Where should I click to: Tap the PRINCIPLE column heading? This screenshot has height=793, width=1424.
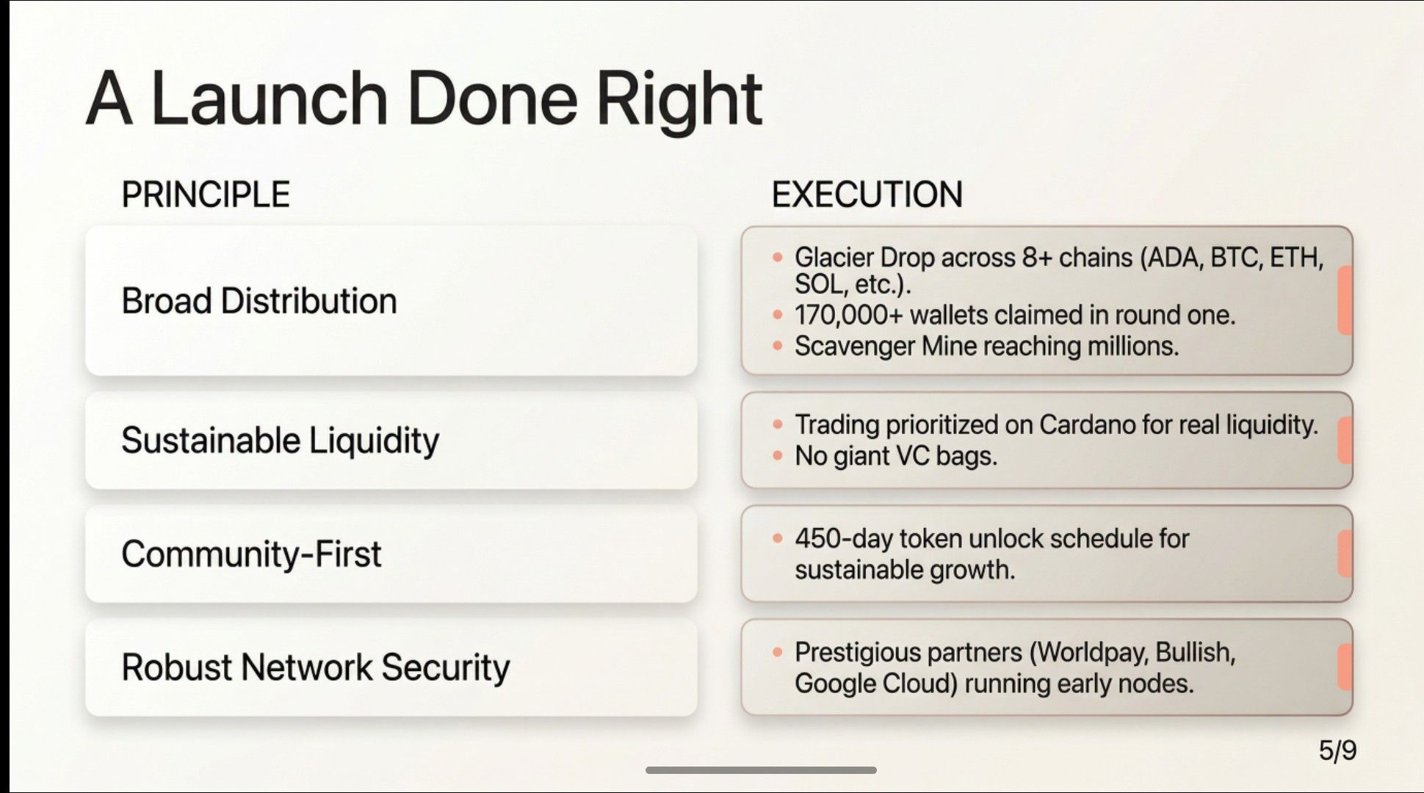(x=206, y=195)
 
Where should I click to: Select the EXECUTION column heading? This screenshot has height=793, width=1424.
(x=867, y=195)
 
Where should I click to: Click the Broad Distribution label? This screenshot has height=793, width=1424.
(x=259, y=301)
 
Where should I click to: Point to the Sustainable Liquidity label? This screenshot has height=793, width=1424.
(x=281, y=441)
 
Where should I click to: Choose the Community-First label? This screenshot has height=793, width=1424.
(x=251, y=554)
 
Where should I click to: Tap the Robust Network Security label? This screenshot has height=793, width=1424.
(x=316, y=667)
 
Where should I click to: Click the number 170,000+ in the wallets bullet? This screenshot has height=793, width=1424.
(x=848, y=315)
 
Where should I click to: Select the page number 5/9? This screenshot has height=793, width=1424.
(x=1337, y=750)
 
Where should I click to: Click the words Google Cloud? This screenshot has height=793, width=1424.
(x=876, y=684)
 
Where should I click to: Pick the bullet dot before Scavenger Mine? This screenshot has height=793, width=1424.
(x=778, y=345)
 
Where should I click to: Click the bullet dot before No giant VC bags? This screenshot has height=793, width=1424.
(x=778, y=455)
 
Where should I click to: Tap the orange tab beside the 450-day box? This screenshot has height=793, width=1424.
(x=1345, y=554)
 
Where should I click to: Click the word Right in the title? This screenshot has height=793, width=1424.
(x=679, y=100)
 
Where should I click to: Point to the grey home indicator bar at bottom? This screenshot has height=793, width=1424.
(x=761, y=770)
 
